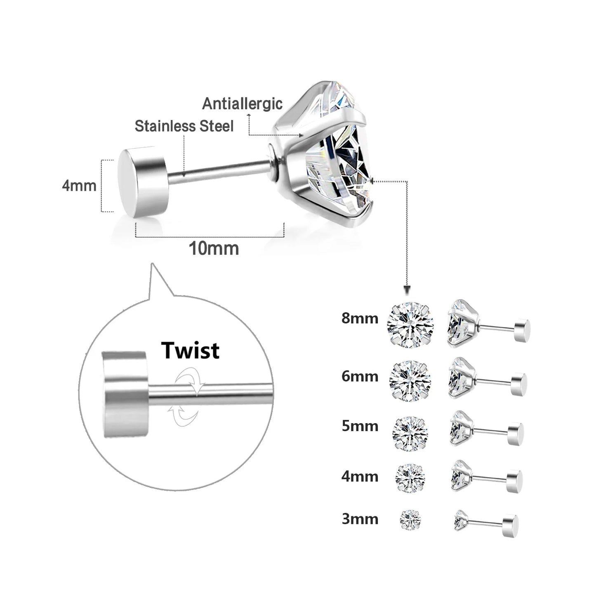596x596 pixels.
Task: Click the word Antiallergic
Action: tap(242, 104)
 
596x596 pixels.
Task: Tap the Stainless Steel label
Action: tap(184, 126)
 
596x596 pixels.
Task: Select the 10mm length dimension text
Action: tap(214, 248)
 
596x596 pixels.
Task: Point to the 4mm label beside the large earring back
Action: tap(79, 186)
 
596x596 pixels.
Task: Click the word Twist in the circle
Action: tap(190, 351)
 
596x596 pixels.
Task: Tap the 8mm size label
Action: tap(360, 318)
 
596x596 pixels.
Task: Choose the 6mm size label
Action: tap(360, 376)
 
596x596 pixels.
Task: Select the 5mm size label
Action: tap(360, 426)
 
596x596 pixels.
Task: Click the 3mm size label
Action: tap(360, 518)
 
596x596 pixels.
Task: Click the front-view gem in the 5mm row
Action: tap(410, 432)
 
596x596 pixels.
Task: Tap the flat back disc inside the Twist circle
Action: tap(125, 389)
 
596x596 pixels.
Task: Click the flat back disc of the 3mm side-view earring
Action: tap(511, 525)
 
